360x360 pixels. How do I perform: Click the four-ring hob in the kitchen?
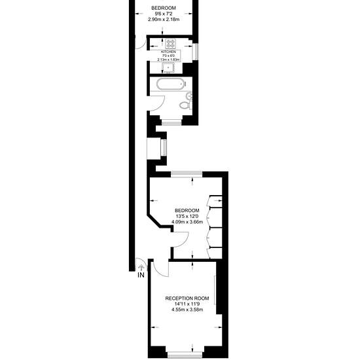(171, 44)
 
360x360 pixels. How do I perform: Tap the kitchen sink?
(168, 67)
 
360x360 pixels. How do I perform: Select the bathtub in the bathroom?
(171, 84)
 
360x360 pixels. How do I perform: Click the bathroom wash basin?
(189, 96)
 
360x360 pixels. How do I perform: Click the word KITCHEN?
(168, 52)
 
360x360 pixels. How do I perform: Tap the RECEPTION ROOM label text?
(187, 298)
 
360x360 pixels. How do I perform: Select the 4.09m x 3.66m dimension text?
(187, 222)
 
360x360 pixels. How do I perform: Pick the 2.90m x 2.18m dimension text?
(164, 20)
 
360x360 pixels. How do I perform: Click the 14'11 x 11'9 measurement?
(187, 304)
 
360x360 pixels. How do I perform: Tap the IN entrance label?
(141, 275)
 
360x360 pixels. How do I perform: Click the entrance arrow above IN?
(141, 268)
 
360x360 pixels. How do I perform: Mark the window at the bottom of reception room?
(185, 355)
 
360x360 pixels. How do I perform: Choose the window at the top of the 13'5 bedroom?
(187, 174)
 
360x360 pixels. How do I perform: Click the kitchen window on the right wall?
(196, 52)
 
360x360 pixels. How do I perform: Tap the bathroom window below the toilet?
(171, 123)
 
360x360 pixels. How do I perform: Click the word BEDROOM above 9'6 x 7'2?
(164, 8)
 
